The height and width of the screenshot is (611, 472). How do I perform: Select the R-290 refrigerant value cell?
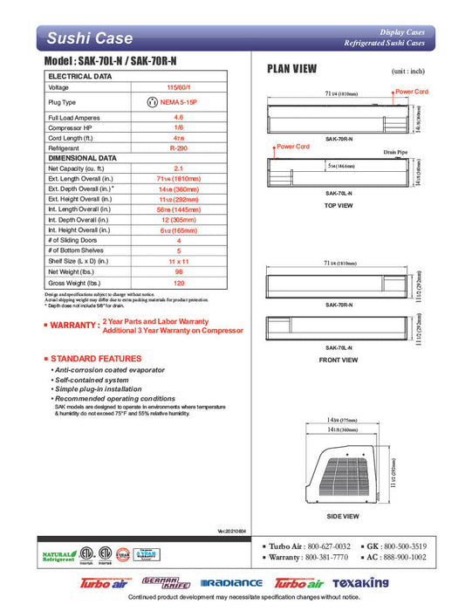click(x=178, y=149)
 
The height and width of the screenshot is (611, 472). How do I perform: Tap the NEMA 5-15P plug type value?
click(x=178, y=102)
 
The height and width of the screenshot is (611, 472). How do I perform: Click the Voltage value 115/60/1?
click(x=178, y=87)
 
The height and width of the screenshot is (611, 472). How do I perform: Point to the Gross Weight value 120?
click(x=178, y=284)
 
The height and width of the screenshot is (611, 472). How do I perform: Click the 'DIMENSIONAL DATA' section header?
click(x=83, y=158)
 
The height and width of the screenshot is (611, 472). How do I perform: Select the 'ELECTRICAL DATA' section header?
click(x=79, y=77)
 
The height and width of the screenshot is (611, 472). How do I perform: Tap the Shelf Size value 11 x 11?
click(x=178, y=261)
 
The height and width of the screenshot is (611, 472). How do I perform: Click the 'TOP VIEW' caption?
click(x=339, y=205)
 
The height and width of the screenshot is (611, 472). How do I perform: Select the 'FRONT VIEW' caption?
click(x=339, y=360)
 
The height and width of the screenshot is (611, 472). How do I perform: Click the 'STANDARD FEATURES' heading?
click(x=95, y=359)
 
